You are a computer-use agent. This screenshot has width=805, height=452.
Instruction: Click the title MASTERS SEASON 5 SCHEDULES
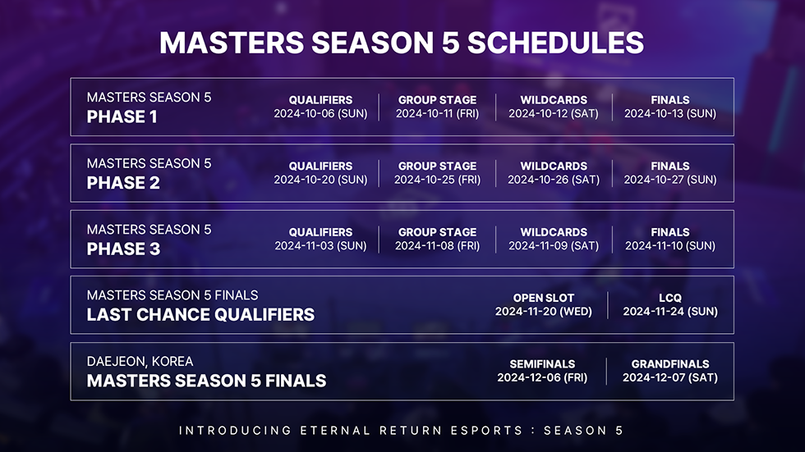point(402,43)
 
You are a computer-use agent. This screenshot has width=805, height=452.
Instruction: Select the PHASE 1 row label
point(122,116)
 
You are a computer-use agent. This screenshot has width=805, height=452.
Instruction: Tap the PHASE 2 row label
point(123,183)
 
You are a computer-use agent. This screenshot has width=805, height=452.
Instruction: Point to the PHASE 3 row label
point(123,249)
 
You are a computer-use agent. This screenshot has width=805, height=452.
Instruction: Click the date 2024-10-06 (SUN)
point(320,114)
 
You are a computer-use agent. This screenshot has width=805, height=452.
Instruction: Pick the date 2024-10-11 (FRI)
point(437,114)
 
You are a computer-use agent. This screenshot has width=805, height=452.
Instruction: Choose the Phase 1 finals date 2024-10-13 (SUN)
point(670,114)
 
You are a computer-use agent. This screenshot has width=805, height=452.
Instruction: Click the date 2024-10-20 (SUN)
point(320,180)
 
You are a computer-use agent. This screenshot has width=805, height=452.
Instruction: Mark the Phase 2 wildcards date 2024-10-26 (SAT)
point(554,180)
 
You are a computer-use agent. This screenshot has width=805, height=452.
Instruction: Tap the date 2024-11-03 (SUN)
point(320,246)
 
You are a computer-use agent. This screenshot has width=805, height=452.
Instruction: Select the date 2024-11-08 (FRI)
point(437,246)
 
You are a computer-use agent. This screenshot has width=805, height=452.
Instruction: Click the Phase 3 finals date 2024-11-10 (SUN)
point(670,246)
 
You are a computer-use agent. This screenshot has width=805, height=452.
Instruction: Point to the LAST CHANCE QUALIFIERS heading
point(200,314)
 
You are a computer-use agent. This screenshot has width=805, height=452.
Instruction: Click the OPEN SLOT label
point(543,298)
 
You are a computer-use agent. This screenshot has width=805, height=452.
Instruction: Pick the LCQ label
point(670,298)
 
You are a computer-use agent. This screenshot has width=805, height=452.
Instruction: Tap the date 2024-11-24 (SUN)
point(670,312)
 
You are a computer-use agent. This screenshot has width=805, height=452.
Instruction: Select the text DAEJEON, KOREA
point(140,362)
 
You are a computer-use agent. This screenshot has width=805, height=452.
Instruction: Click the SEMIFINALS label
point(542,364)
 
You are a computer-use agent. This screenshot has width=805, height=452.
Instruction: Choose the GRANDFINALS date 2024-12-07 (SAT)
point(670,378)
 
